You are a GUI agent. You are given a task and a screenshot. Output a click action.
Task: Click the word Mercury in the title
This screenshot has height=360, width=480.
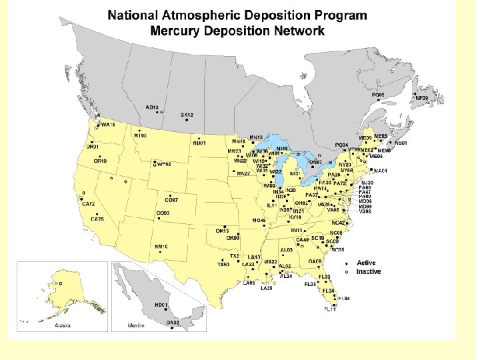179,31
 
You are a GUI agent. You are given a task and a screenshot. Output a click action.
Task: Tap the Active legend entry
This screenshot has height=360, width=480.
366,263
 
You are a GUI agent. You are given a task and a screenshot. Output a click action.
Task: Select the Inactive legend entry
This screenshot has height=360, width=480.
368,272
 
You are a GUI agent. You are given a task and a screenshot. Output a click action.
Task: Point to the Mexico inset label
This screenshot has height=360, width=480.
136,325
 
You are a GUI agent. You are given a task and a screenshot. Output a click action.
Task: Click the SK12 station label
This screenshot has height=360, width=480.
187,115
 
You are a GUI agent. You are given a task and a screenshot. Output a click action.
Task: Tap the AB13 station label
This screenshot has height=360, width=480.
152,107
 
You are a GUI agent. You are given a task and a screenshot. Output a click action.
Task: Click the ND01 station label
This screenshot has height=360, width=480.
199,143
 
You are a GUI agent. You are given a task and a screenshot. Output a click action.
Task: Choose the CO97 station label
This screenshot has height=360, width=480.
171,200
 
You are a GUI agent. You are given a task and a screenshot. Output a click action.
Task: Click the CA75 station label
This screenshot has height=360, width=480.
97,219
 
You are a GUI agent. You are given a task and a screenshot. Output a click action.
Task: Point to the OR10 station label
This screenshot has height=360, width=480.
100,161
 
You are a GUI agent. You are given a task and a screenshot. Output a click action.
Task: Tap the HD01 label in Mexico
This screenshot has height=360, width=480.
160,305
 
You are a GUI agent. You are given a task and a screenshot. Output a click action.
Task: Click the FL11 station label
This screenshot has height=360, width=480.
330,309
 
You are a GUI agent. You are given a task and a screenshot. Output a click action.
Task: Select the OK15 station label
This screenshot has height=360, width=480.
222,231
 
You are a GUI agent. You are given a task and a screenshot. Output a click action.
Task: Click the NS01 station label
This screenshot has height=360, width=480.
401,143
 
